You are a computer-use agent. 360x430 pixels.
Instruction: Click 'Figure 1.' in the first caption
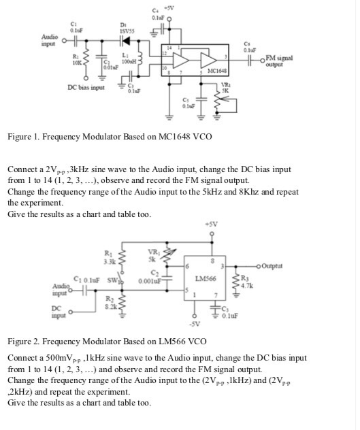coord(24,137)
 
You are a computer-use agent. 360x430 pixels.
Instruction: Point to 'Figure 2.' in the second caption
coord(24,340)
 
